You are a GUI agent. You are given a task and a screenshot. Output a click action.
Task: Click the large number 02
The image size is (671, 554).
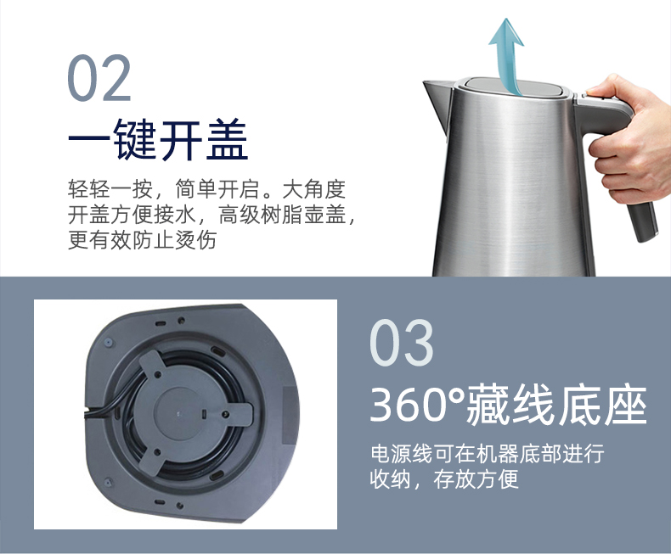[x=99, y=78]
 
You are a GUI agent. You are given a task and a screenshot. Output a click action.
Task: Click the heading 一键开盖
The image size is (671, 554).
[x=158, y=139]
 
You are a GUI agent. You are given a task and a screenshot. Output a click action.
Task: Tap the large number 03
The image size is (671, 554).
[x=402, y=343]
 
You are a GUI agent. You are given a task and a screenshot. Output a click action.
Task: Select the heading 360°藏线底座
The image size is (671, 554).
[x=508, y=405]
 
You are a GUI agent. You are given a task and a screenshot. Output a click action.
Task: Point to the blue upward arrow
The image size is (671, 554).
[x=508, y=56]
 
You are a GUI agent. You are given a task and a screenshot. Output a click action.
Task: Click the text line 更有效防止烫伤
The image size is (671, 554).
[x=143, y=240]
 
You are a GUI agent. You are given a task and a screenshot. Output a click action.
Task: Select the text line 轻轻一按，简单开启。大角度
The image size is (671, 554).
[x=206, y=189]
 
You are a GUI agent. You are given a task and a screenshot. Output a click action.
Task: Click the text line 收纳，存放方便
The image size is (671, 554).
[x=444, y=478]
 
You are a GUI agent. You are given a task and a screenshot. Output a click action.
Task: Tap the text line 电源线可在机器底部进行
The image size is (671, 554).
[x=487, y=454]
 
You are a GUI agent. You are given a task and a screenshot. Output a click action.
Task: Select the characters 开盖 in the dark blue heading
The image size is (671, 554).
[x=204, y=139]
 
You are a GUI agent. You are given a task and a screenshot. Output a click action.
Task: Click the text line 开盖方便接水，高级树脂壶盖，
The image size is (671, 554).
[x=211, y=215]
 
